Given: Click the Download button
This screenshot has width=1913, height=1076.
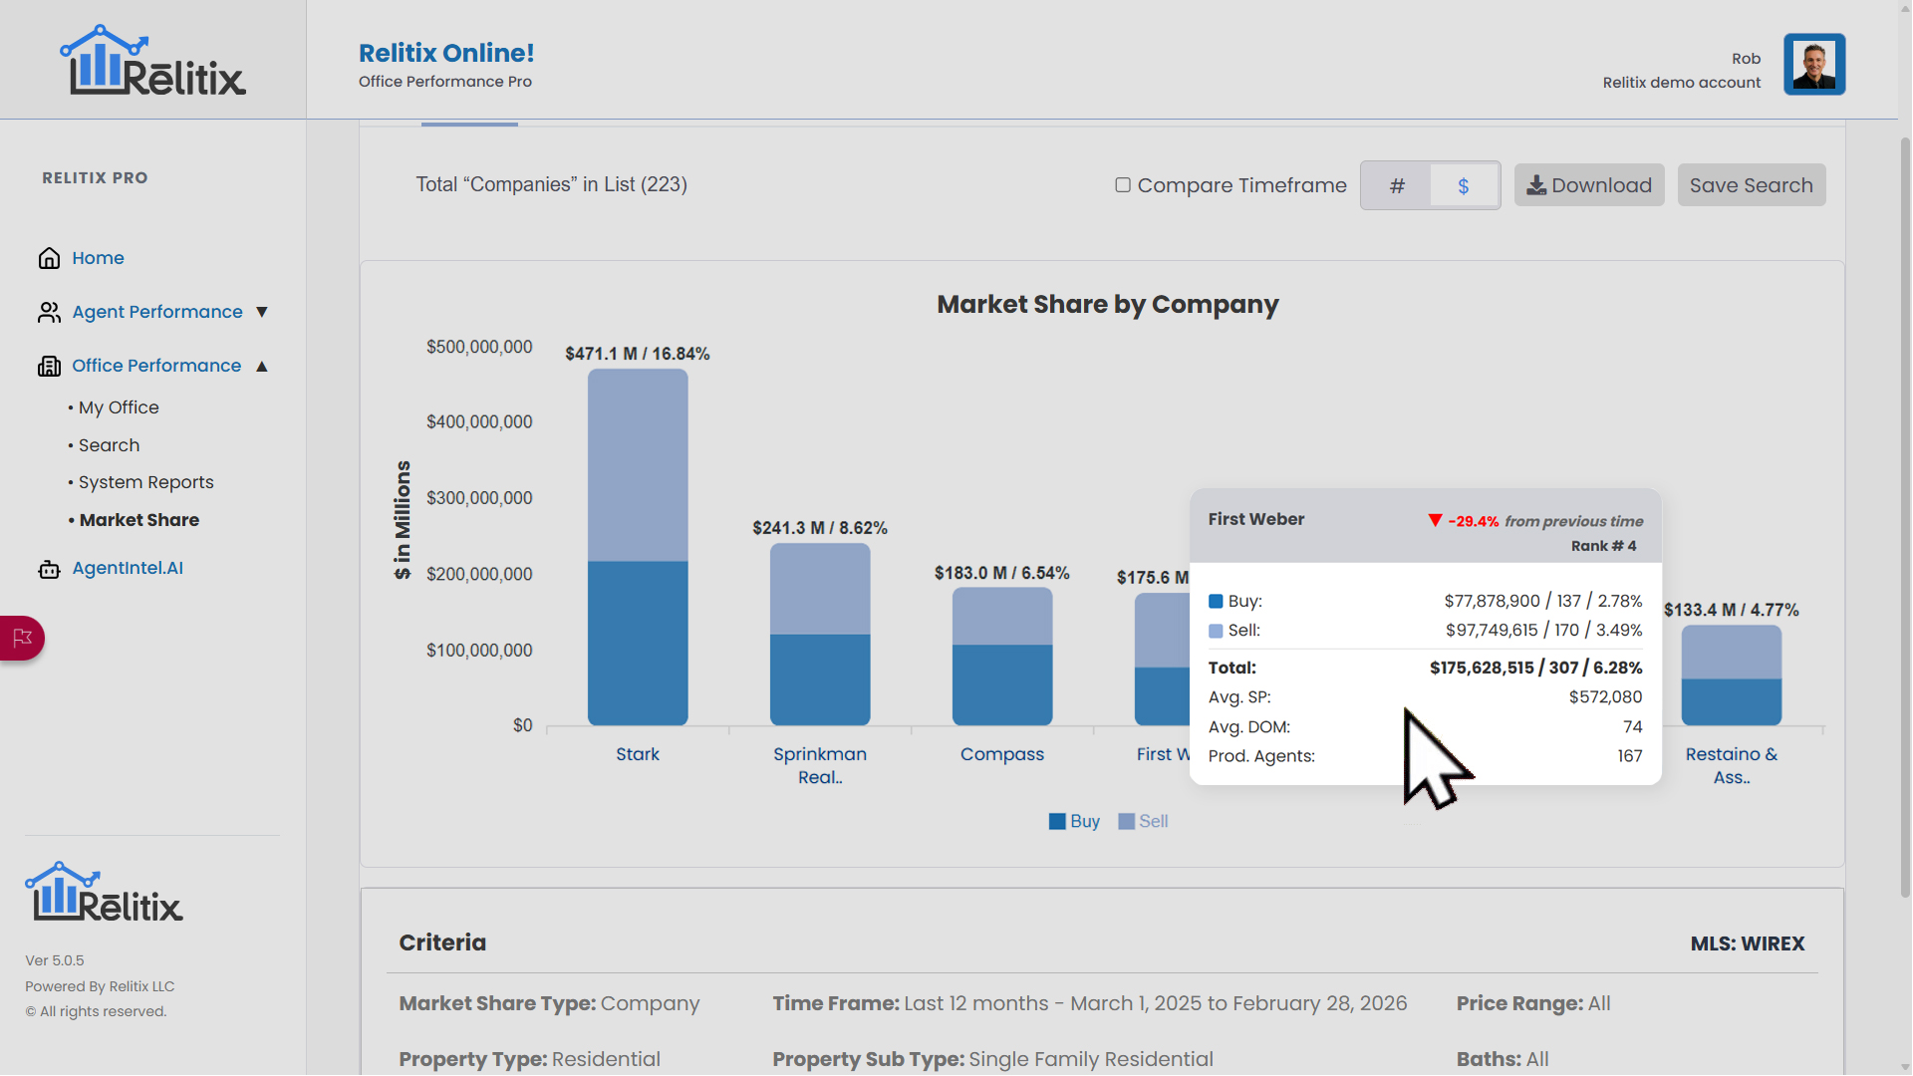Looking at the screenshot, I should click(1588, 185).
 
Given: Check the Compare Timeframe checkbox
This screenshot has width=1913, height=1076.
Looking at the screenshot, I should click(1123, 185).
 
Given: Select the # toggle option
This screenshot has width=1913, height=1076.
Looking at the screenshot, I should click(1397, 186).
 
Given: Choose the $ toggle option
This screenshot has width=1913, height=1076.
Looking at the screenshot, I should click(1463, 186).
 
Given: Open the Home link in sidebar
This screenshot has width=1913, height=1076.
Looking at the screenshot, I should click(98, 258).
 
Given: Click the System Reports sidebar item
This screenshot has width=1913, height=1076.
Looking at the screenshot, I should click(145, 482).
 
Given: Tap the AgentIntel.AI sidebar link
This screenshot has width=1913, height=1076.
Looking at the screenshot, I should click(128, 568).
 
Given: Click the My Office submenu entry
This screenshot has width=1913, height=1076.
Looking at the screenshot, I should click(119, 407).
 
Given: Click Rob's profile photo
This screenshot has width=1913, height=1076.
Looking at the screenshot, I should click(1813, 64).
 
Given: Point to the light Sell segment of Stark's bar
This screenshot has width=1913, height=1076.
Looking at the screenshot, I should click(638, 464).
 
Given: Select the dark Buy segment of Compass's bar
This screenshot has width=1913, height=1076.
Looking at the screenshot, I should click(1001, 684).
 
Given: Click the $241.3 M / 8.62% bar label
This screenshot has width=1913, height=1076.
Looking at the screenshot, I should click(819, 528).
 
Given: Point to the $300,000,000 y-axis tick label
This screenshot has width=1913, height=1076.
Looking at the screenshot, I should click(479, 498).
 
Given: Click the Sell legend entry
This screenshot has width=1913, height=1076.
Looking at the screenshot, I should click(1143, 821).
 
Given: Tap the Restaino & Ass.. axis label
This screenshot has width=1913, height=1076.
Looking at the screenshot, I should click(1731, 765).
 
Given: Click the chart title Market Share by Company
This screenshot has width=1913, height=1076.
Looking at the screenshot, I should click(1107, 305).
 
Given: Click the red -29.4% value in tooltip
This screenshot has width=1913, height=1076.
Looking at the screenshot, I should click(1473, 521).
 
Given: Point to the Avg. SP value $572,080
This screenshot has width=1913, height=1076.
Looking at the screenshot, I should click(1605, 697).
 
